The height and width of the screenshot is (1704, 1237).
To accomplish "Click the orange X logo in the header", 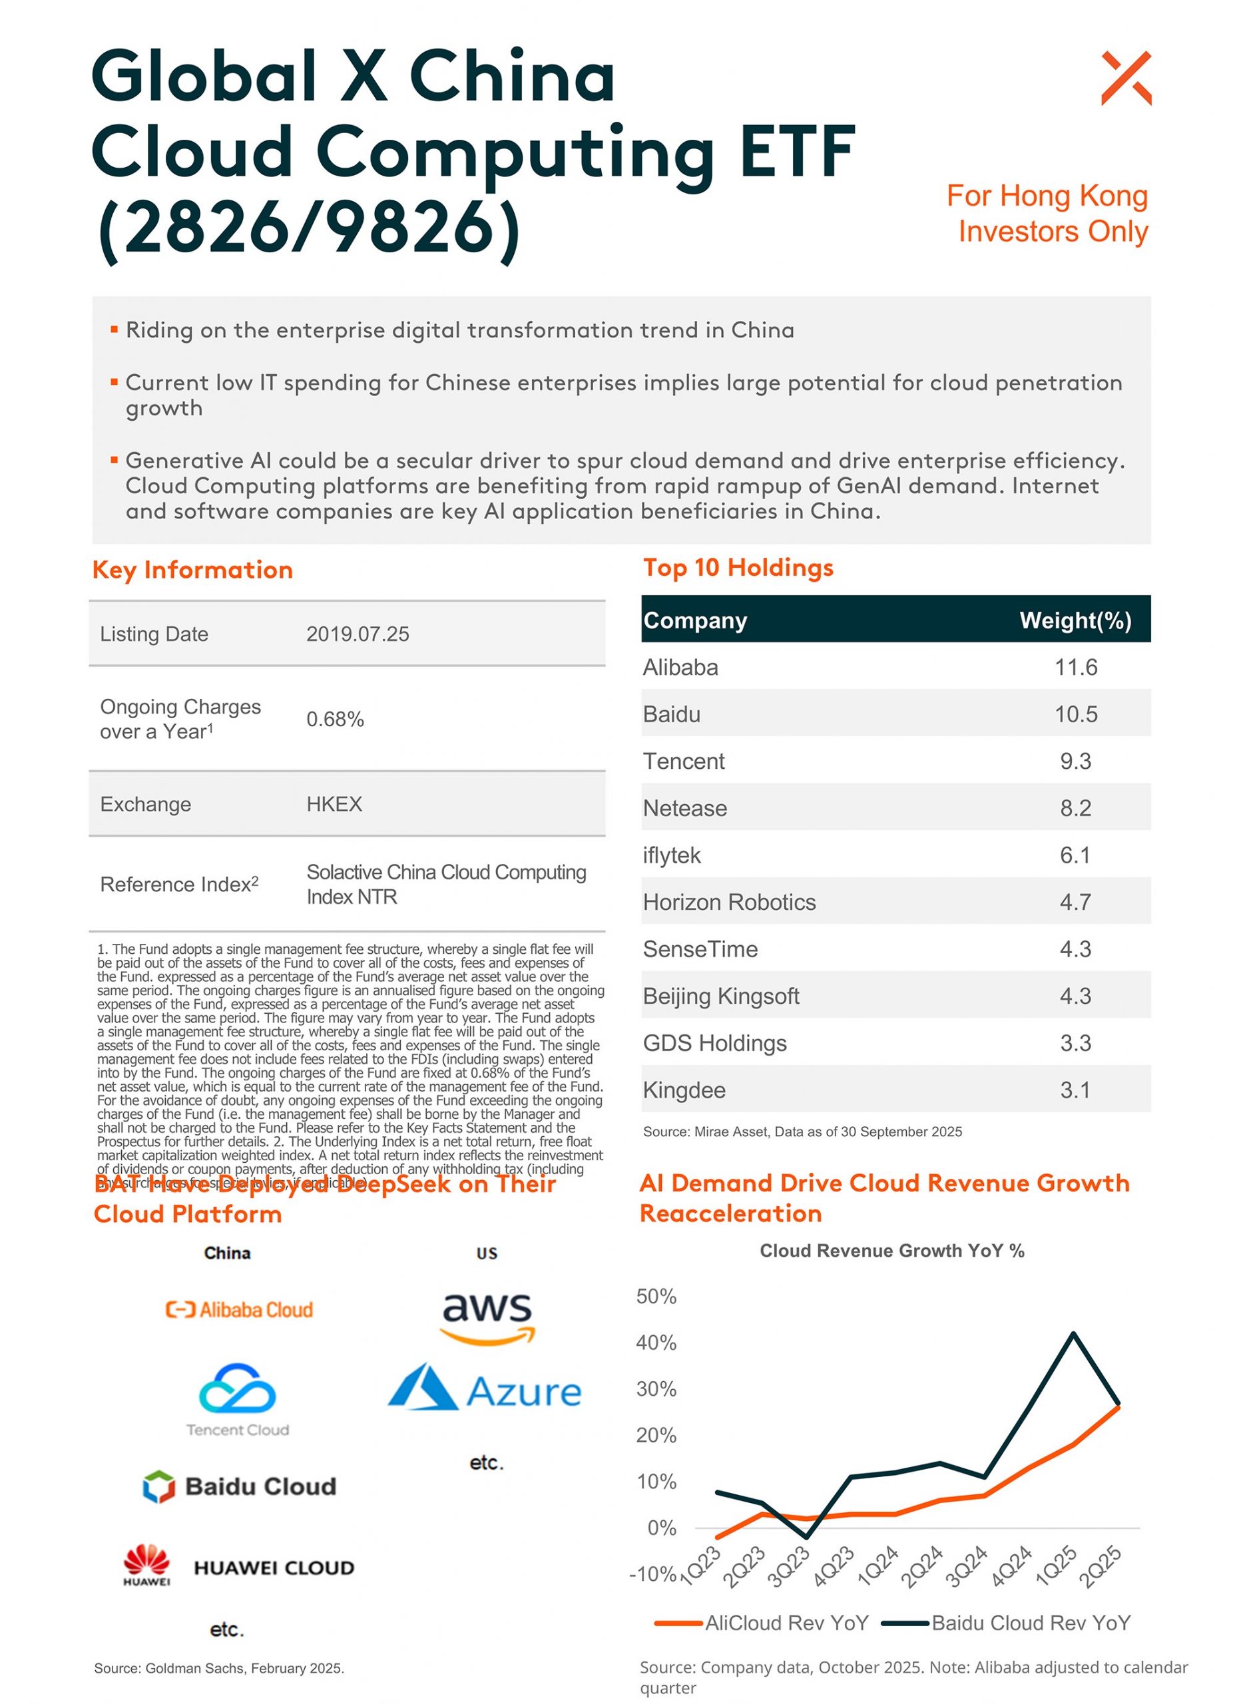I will (1125, 77).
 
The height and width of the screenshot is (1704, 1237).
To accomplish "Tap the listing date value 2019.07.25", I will (357, 634).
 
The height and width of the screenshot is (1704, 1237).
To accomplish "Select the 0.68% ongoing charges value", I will (334, 719).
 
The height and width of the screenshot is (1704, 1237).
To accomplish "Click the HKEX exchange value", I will (334, 804).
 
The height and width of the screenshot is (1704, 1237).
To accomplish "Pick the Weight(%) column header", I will (1075, 620).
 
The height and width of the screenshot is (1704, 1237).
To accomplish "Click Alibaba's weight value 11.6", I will (1075, 667).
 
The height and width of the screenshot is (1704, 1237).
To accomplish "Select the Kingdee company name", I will (684, 1090).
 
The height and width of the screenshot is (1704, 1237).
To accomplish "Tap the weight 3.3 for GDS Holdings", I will (1075, 1043).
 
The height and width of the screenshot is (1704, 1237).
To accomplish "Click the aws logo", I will (487, 1318).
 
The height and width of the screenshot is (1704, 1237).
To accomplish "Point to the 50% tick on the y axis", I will (656, 1296).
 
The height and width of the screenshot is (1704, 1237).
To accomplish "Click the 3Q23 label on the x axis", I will (788, 1566).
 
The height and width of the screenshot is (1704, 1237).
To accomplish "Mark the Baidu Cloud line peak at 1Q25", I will (1073, 1334).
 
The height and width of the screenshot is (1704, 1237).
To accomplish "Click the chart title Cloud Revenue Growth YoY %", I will (891, 1250).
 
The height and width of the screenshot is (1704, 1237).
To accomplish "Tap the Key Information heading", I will (192, 570).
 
